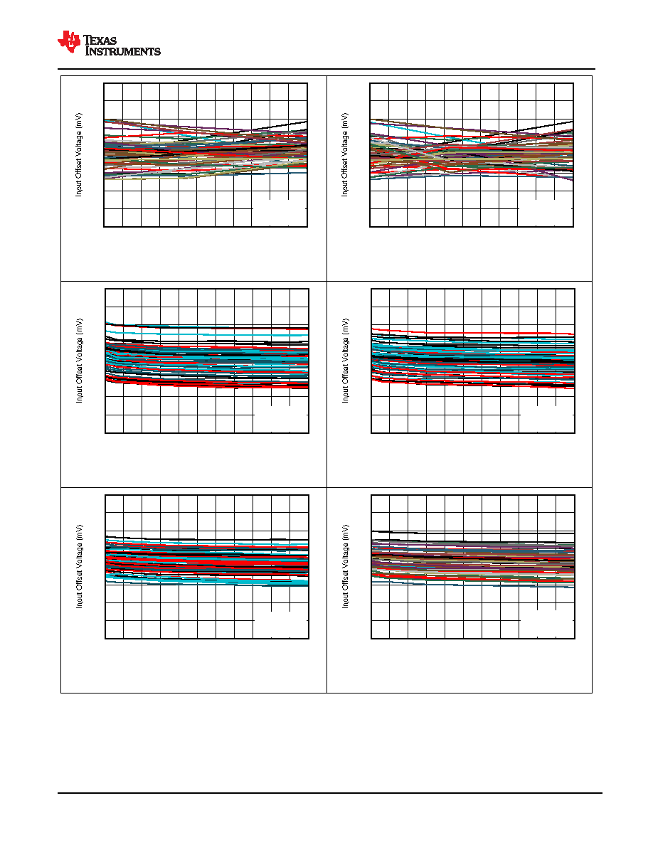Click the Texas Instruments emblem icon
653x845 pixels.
(x=69, y=42)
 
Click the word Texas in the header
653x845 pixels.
(x=100, y=40)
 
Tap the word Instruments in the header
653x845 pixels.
(x=123, y=51)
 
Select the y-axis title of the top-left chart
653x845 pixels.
(x=79, y=154)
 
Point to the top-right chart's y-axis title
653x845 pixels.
(x=345, y=154)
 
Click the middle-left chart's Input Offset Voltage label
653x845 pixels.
(x=80, y=361)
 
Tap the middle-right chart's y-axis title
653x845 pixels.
(x=346, y=361)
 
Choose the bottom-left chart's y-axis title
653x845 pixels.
(x=80, y=566)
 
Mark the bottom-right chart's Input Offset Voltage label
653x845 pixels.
(x=346, y=566)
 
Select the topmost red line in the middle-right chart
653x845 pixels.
(x=472, y=332)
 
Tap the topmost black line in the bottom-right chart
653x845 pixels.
(x=472, y=537)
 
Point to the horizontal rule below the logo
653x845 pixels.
(x=326, y=69)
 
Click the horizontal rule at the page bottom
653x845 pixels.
(x=330, y=793)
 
